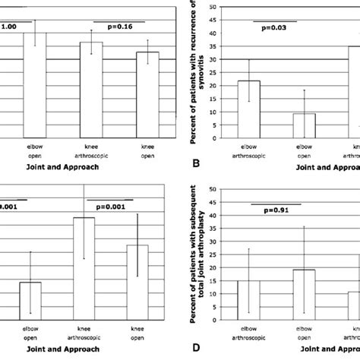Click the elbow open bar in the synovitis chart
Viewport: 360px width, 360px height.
[304, 125]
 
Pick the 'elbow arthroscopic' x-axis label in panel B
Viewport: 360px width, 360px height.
[250, 149]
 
